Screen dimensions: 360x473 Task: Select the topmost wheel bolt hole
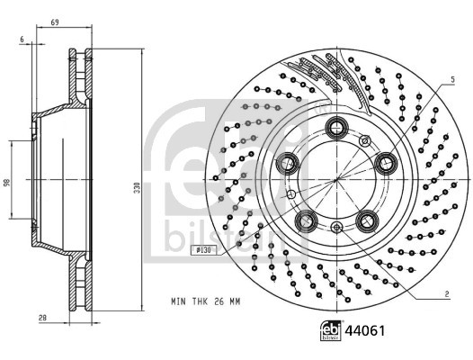339,127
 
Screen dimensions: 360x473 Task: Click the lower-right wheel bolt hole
366,220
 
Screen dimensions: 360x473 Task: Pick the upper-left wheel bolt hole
290,163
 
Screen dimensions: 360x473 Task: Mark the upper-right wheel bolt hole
388,163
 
